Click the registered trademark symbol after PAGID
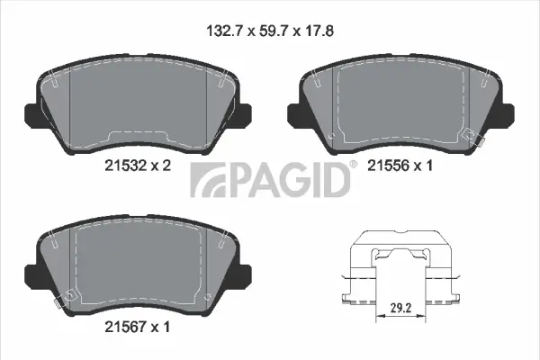(x=354, y=165)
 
